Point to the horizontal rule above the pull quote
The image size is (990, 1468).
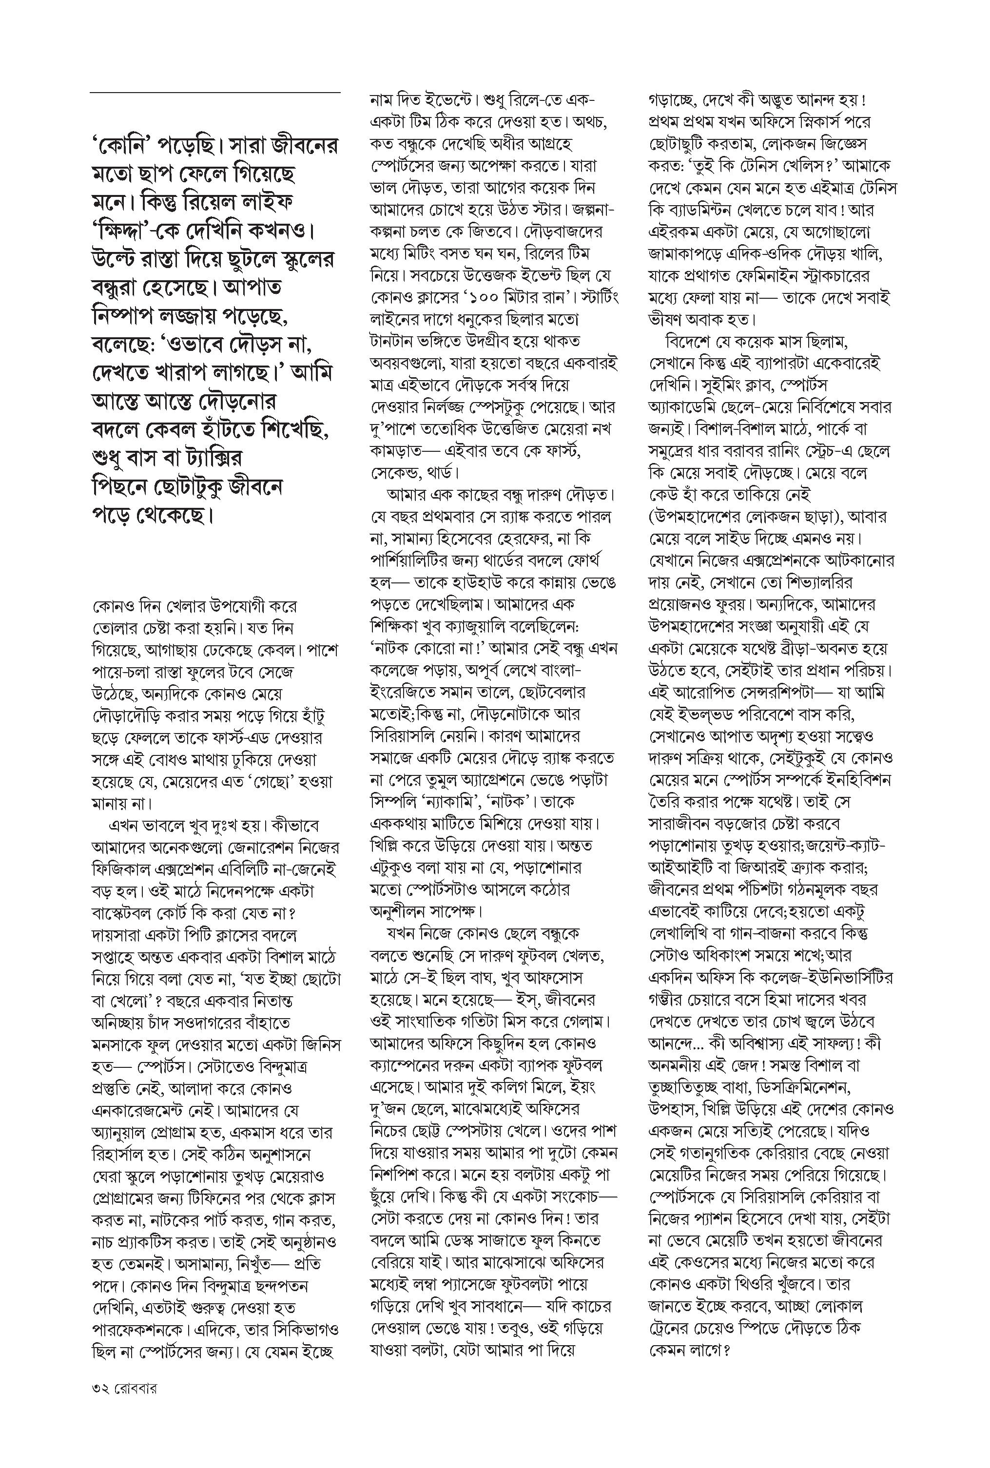point(214,93)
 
